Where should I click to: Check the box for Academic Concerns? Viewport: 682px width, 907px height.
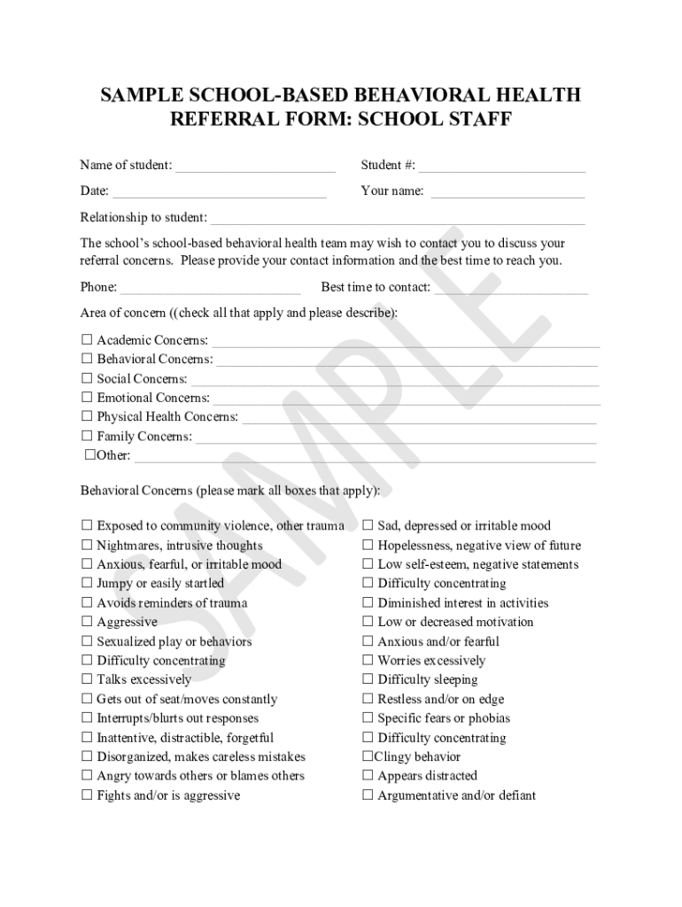tap(87, 340)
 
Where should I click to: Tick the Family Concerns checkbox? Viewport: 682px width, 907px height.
tap(87, 436)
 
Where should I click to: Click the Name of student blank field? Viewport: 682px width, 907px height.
tap(255, 166)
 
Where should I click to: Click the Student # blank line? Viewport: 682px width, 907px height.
tap(501, 166)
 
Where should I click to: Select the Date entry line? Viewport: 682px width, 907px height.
tap(219, 191)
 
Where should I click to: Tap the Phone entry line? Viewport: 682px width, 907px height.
tap(210, 288)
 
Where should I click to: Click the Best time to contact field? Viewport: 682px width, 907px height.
tap(511, 288)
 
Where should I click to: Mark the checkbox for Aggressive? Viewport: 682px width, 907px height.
tap(87, 622)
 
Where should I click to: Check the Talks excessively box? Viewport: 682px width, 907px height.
tap(87, 679)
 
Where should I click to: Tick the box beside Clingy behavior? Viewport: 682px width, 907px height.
tap(368, 756)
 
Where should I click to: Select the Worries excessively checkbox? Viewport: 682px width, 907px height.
tap(368, 661)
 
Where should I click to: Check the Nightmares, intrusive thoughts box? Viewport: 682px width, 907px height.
tap(87, 546)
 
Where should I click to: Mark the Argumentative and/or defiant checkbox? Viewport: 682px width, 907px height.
tap(368, 795)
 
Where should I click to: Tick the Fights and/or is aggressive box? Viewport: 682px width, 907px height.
tap(87, 795)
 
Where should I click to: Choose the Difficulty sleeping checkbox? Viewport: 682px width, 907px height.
tap(368, 679)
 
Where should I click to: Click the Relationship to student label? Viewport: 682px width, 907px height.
tap(143, 217)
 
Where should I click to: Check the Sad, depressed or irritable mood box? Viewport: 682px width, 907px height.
tap(368, 526)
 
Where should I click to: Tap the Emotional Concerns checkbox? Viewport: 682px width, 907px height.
tap(87, 398)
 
